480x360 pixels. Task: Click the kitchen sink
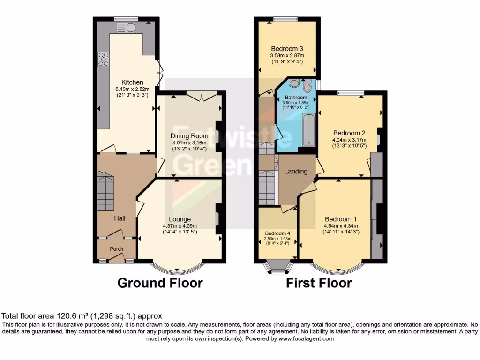127,27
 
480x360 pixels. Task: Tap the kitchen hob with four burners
103,60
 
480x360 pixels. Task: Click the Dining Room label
189,136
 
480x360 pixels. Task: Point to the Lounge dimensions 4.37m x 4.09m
180,225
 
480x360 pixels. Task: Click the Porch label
116,249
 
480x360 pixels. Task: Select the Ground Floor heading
160,283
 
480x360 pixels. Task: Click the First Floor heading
318,283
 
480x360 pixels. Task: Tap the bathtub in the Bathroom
309,129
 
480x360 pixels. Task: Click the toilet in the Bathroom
307,86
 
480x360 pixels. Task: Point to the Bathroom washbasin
294,84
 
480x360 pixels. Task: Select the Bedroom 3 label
287,49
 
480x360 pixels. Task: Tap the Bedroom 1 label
341,219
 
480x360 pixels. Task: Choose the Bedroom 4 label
277,233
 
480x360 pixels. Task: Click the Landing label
296,171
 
